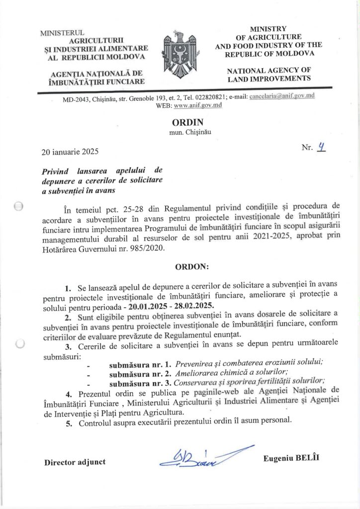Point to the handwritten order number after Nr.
(x=322, y=147)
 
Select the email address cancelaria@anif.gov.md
(x=282, y=96)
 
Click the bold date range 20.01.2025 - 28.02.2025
(x=170, y=306)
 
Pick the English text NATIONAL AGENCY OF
(x=269, y=71)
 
